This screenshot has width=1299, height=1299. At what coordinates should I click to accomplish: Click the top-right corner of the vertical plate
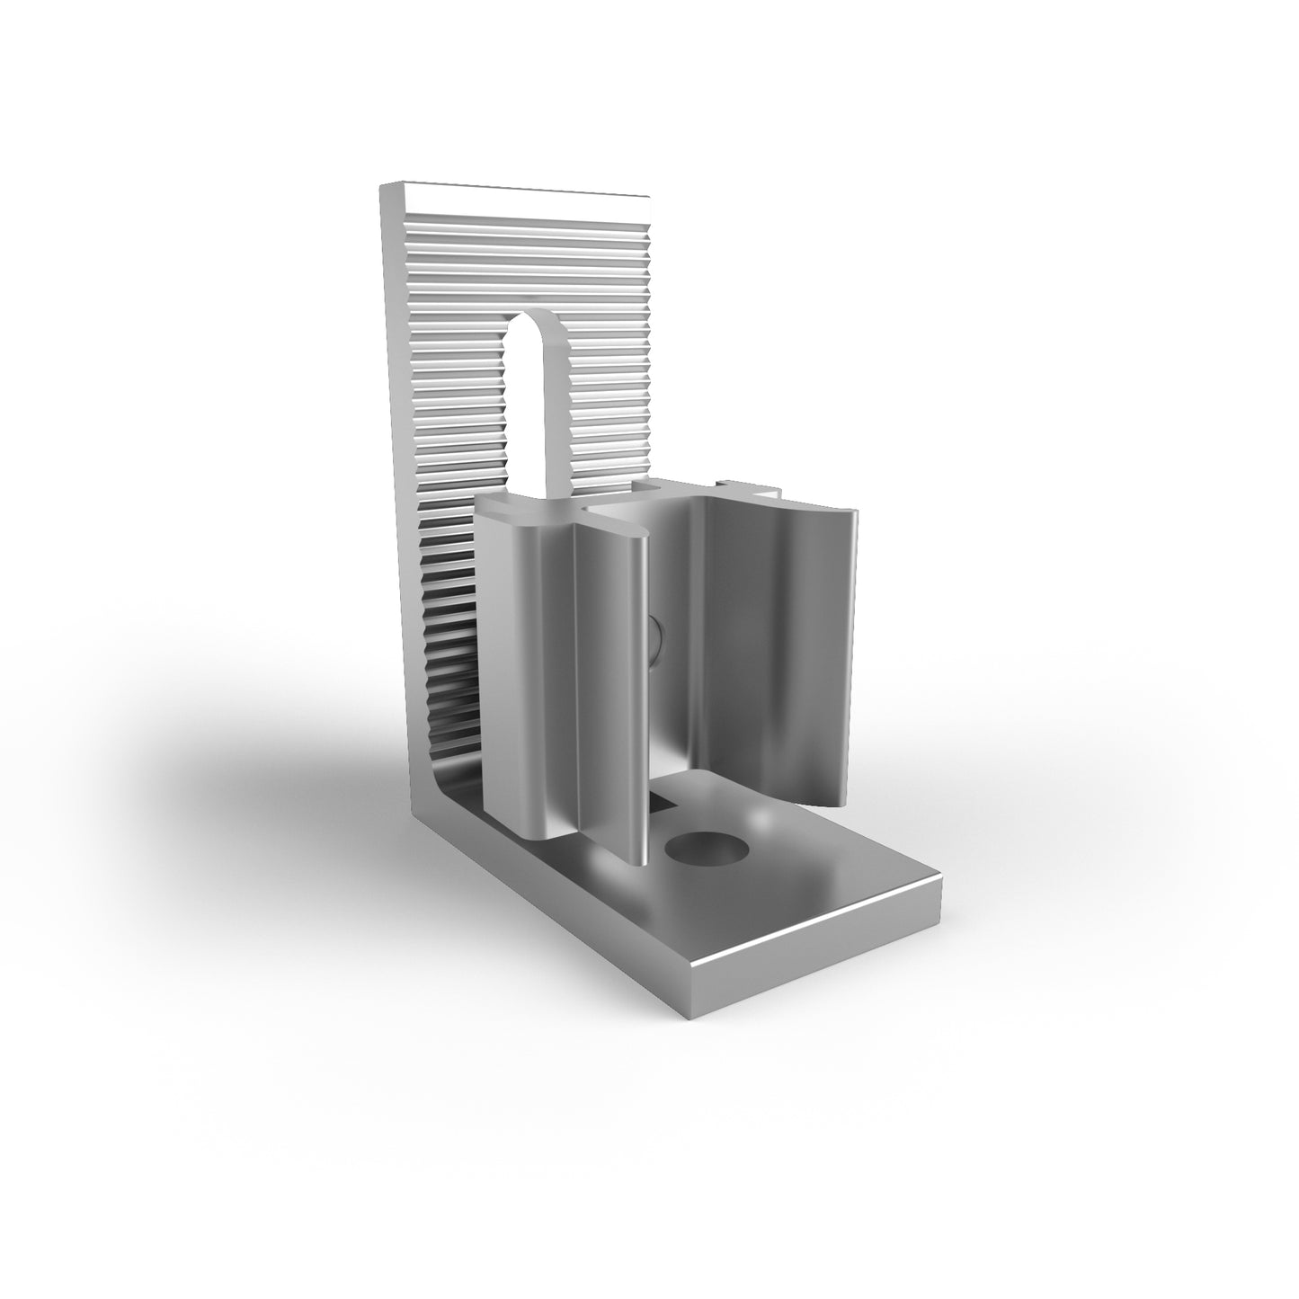pos(646,195)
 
